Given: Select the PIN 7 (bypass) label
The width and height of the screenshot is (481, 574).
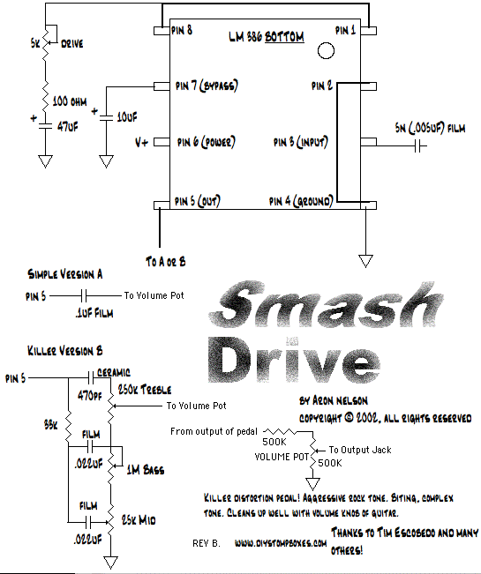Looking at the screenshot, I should click(207, 86).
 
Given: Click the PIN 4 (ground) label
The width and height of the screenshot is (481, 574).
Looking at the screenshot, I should click(299, 201).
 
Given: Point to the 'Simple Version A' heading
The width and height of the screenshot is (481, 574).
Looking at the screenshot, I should click(65, 273).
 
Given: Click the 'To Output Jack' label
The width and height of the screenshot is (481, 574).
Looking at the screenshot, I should click(360, 449).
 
